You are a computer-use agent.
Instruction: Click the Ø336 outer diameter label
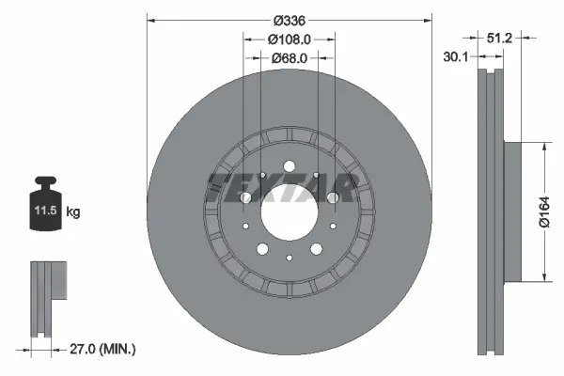tap(290, 20)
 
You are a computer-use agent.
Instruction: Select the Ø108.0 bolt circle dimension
tap(289, 39)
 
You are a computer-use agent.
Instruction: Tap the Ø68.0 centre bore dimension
tap(289, 58)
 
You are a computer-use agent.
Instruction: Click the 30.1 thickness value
tap(457, 57)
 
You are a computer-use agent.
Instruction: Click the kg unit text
tap(73, 212)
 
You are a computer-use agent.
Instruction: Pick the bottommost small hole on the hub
tap(290, 258)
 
